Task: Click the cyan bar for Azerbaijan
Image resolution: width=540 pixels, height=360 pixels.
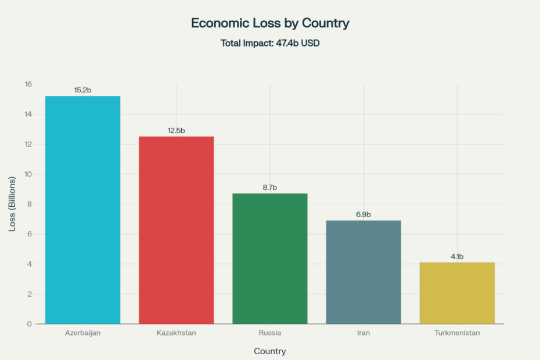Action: [82, 210]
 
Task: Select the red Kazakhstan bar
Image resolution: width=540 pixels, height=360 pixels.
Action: [176, 230]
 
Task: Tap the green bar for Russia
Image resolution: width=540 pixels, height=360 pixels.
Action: [270, 258]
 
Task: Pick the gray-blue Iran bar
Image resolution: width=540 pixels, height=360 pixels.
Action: [363, 272]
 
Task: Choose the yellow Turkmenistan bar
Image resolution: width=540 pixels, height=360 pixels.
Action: [457, 293]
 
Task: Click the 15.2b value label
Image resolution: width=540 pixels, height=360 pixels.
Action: [82, 90]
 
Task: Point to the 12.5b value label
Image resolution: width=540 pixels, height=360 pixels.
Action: [176, 131]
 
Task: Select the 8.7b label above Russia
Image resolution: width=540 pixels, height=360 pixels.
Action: [270, 188]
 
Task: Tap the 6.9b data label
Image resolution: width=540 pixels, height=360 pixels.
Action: [363, 215]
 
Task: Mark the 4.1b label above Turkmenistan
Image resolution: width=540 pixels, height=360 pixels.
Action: [457, 257]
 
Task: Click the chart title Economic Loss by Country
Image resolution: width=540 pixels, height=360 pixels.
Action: [270, 23]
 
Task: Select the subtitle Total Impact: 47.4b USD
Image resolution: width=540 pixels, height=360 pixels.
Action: [270, 43]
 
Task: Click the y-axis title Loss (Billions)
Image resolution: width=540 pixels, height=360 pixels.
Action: [12, 204]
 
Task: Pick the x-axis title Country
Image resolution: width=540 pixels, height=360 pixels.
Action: [270, 351]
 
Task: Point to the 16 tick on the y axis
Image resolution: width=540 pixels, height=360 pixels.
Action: [28, 84]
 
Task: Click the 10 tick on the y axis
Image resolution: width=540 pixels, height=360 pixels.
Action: [28, 174]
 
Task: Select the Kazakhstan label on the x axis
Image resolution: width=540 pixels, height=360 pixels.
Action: [176, 333]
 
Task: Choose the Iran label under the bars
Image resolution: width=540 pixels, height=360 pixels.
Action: [363, 333]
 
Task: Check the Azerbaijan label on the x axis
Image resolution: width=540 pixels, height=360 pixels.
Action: [82, 333]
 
